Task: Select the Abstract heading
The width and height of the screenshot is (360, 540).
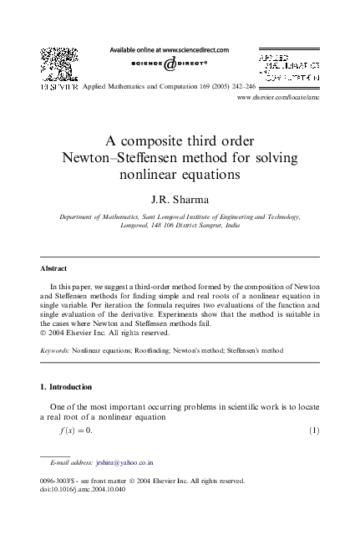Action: pyautogui.click(x=53, y=268)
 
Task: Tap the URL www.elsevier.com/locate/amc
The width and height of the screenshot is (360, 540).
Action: pyautogui.click(x=278, y=98)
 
